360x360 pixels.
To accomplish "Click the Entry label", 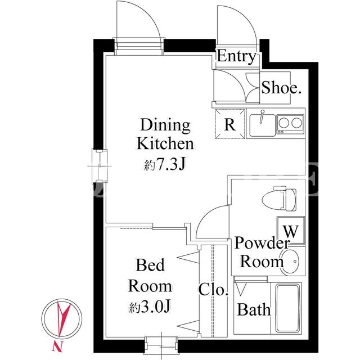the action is (236, 56).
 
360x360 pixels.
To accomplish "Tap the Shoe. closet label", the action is (281, 88).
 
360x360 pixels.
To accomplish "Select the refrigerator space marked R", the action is (230, 124).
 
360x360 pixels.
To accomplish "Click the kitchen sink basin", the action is (263, 125).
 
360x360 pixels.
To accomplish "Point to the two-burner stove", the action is (290, 124).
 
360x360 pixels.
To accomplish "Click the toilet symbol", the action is (279, 199).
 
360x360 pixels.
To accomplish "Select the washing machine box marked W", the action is (291, 230).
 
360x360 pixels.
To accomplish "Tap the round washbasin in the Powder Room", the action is (290, 262).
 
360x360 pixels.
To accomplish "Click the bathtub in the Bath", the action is (288, 308).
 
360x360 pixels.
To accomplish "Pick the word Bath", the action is (254, 309).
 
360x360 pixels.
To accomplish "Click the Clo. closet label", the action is (213, 289).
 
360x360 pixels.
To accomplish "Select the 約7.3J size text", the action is (165, 164).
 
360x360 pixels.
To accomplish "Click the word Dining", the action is (165, 125).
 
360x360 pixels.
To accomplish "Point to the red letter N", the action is (57, 346).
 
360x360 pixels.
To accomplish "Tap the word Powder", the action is (262, 242).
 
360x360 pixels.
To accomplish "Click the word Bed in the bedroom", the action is (150, 265).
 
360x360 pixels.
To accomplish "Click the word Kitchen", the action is (165, 144).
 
